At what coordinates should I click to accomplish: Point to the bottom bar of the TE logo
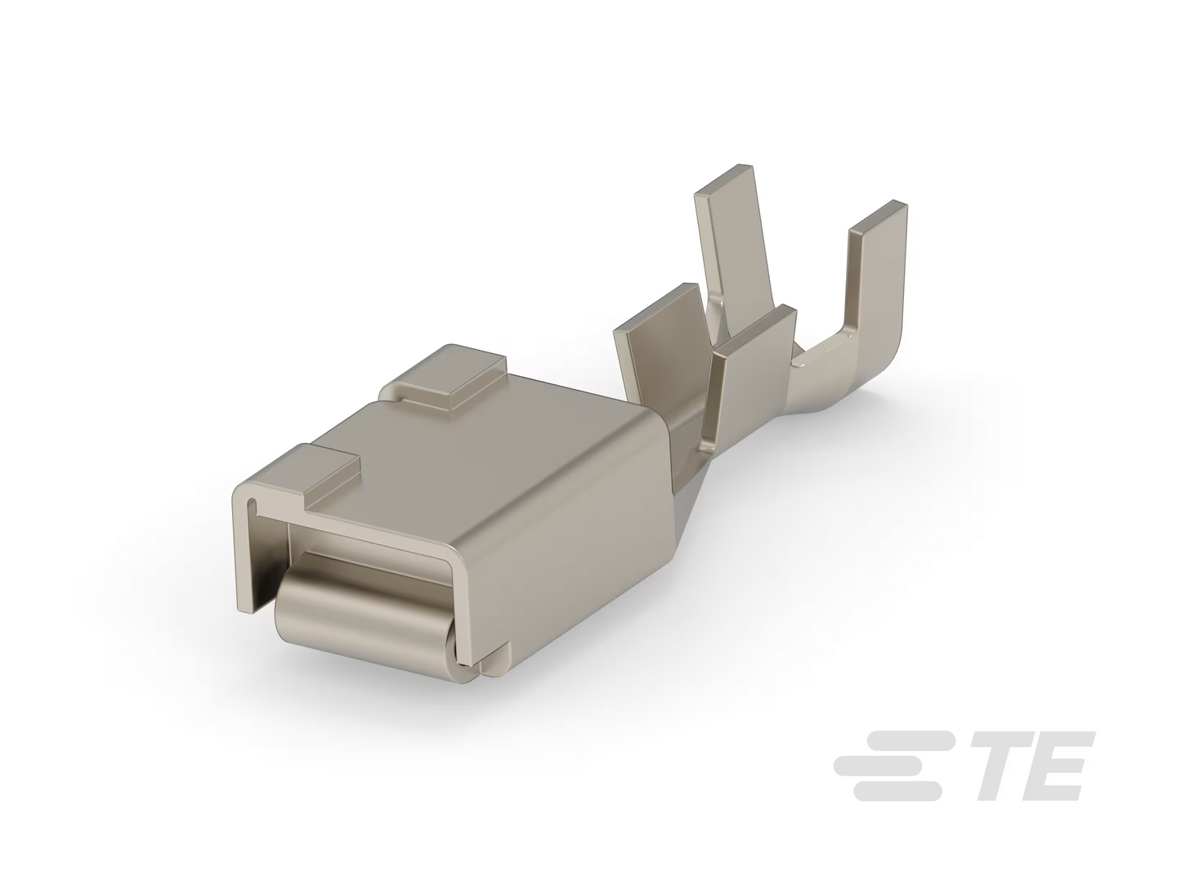(x=897, y=791)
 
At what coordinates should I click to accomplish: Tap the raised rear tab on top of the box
(x=444, y=378)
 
